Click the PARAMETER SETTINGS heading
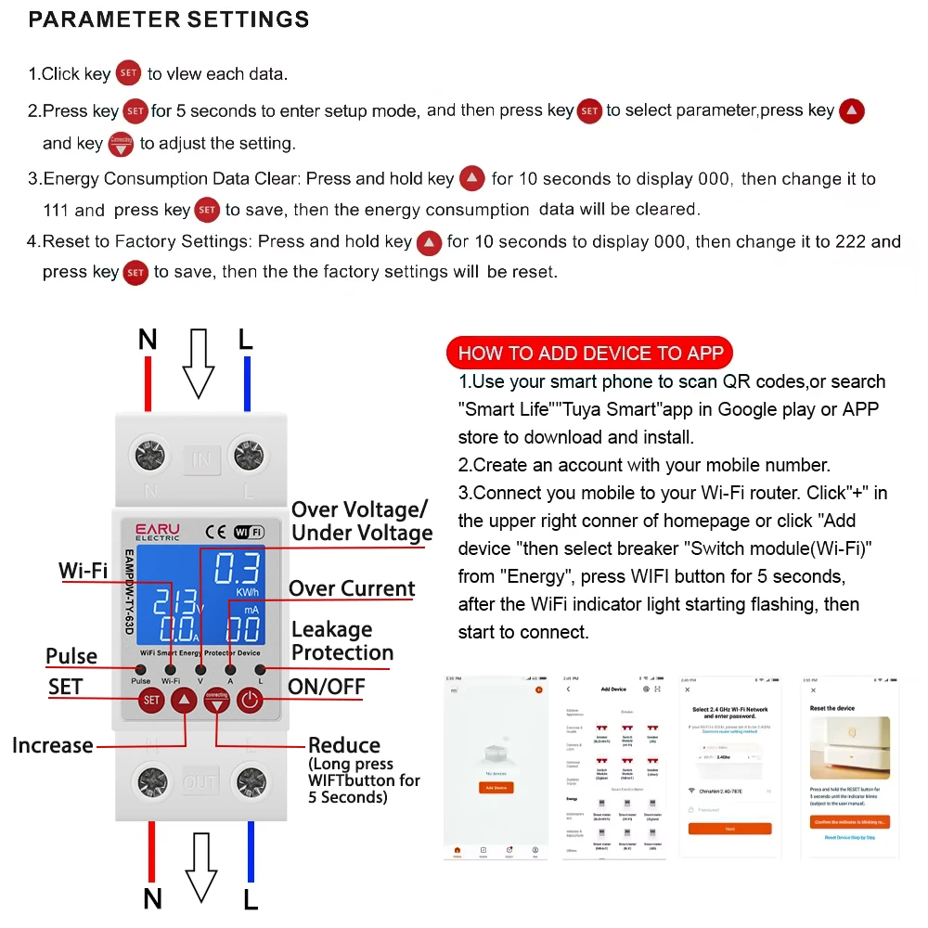tap(169, 19)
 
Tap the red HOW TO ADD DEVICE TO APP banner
tap(590, 353)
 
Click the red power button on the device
tap(248, 701)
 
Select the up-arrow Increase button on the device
tap(185, 701)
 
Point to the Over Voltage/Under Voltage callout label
tap(362, 521)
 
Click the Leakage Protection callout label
tap(342, 640)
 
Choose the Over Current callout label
tap(352, 588)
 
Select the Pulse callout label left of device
tap(71, 656)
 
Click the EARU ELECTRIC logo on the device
tap(158, 532)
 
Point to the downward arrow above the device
tap(199, 363)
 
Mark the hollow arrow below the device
tap(201, 867)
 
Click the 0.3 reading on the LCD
tap(238, 569)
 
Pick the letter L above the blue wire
tap(245, 340)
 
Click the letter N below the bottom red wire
tap(153, 898)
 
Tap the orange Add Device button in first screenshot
tap(496, 787)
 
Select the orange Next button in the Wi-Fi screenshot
tap(729, 828)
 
